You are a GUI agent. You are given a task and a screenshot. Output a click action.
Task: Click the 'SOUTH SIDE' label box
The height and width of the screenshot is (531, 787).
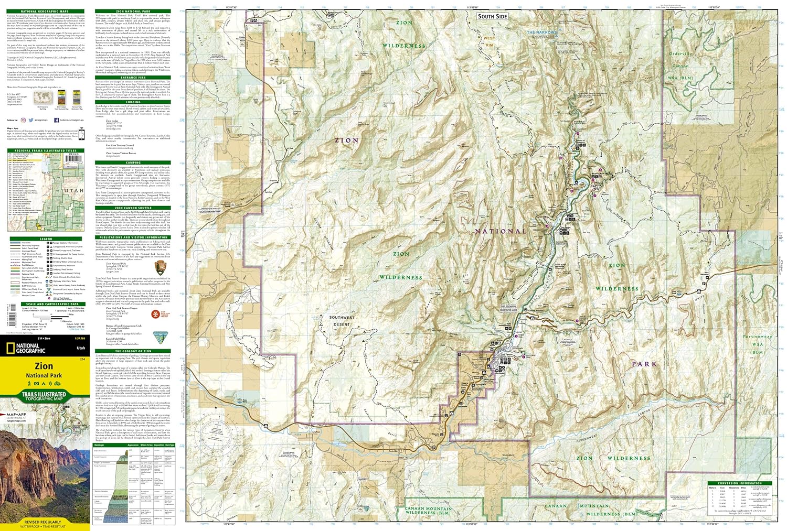[492, 16]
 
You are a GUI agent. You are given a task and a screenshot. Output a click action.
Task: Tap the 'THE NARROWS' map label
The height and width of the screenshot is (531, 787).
[542, 32]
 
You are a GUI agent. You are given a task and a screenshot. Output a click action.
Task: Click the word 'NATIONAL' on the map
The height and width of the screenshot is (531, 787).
[501, 231]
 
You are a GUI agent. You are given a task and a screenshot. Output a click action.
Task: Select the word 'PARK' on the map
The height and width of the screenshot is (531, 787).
[644, 364]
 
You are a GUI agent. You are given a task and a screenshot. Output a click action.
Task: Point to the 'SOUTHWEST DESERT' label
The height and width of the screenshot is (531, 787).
[342, 321]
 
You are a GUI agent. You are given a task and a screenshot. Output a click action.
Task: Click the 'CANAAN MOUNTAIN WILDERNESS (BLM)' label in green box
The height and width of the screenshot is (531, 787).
[428, 511]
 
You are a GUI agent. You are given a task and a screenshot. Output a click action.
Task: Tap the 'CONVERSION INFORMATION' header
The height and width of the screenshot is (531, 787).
[740, 483]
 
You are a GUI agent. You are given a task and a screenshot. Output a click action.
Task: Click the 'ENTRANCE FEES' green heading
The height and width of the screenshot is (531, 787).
[133, 78]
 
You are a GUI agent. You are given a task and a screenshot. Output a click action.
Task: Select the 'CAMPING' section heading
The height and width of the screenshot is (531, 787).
[133, 163]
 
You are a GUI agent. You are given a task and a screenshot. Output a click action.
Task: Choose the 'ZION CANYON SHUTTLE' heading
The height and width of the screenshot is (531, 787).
[133, 208]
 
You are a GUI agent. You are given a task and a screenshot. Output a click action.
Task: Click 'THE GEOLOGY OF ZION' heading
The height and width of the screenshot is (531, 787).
[133, 351]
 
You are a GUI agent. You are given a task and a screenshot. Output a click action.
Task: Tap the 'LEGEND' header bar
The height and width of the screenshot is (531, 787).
[46, 239]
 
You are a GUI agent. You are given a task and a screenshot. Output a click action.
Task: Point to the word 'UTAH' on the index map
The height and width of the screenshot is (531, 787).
[73, 191]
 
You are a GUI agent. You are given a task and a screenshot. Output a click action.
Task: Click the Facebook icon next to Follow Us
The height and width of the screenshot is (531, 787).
[56, 120]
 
